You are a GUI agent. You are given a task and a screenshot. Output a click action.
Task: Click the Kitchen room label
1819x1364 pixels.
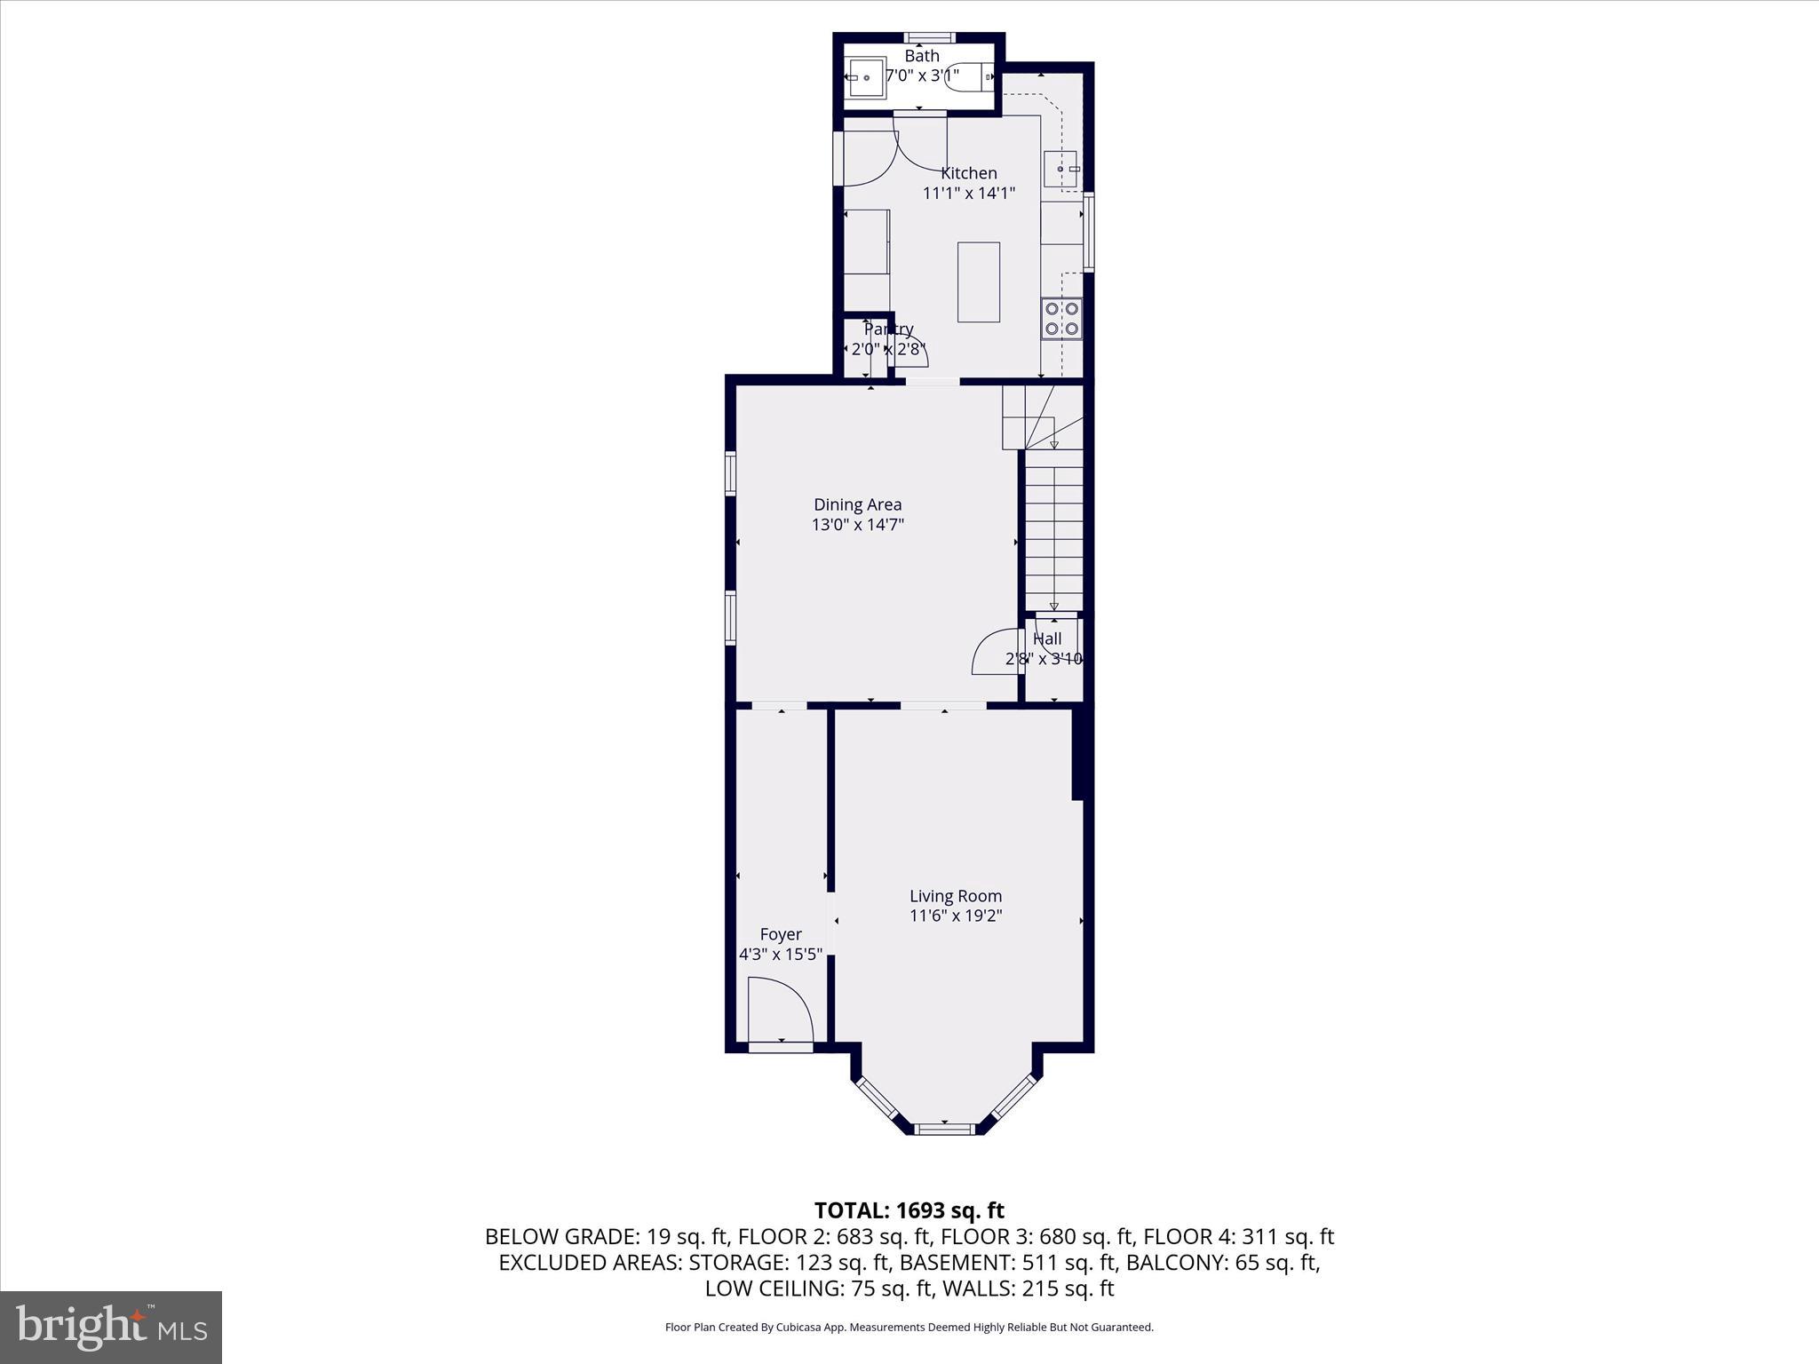968,173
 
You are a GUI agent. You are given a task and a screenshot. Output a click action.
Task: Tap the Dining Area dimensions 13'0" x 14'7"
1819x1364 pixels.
857,525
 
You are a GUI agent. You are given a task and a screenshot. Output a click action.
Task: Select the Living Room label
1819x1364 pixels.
955,896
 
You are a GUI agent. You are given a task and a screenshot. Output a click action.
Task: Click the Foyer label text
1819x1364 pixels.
780,934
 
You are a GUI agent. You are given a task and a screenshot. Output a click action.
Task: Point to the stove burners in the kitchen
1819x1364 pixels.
1061,319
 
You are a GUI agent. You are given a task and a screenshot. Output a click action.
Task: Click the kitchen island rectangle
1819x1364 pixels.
978,282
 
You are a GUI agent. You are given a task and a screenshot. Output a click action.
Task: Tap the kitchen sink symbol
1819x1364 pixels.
1061,170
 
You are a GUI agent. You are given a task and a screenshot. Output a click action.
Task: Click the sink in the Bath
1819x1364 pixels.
865,78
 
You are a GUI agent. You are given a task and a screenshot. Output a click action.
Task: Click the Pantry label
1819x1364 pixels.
888,329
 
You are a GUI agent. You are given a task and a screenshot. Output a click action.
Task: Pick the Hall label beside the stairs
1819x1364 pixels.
1047,638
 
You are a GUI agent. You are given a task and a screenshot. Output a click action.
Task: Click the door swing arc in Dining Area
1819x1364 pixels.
995,653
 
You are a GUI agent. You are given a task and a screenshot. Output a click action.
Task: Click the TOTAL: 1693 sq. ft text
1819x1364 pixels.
909,1210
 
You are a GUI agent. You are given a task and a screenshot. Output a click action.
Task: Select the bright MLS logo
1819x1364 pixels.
111,1327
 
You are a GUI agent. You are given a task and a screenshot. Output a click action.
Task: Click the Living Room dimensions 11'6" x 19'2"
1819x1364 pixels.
955,916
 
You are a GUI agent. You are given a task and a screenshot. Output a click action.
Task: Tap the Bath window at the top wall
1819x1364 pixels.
929,37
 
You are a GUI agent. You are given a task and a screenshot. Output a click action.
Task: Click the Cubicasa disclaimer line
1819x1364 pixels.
909,1328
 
